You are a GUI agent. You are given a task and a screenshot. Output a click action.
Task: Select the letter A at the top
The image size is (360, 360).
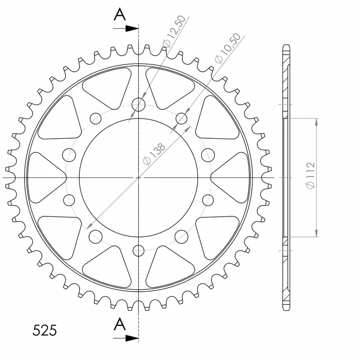120,15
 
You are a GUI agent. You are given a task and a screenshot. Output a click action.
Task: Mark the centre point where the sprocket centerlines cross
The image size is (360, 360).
139,177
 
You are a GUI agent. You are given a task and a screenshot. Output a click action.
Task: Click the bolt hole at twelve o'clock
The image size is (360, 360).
139,104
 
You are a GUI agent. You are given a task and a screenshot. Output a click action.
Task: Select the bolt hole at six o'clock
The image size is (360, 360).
139,249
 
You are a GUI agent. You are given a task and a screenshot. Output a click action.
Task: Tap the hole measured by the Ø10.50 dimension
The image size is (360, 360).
181,118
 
